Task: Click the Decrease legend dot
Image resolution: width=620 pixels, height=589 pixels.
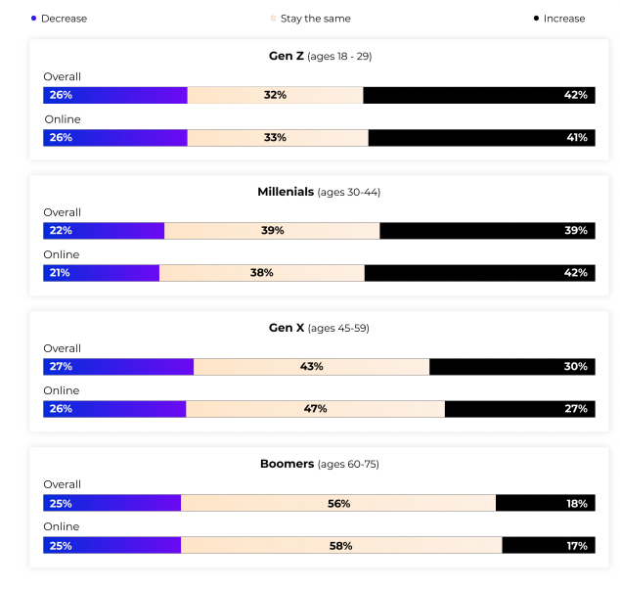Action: point(33,19)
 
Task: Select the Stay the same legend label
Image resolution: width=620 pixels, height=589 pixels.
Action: point(315,19)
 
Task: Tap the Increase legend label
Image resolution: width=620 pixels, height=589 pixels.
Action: point(564,19)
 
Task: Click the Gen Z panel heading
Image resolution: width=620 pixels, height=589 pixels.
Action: point(320,56)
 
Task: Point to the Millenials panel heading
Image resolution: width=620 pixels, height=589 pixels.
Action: point(319,192)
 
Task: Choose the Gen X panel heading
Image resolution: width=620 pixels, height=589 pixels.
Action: point(319,328)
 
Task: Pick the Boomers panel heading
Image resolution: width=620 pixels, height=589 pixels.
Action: point(319,464)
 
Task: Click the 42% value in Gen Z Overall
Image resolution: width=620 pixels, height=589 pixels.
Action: point(575,95)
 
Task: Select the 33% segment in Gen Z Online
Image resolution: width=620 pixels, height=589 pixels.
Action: point(276,138)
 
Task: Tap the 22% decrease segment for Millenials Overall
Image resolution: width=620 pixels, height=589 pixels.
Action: point(104,231)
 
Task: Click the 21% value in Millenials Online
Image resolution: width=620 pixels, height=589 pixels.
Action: point(60,273)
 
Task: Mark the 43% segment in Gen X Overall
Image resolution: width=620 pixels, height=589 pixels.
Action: point(311,367)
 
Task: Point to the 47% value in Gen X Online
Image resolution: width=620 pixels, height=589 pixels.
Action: point(315,409)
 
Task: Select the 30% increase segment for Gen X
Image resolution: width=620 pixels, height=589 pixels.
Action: point(511,367)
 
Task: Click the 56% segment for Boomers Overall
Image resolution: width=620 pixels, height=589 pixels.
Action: point(338,503)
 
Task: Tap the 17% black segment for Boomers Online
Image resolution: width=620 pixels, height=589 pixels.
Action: point(548,545)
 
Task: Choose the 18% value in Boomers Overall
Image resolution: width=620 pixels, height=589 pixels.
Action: point(576,503)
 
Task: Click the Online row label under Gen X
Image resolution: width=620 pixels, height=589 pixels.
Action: point(62,390)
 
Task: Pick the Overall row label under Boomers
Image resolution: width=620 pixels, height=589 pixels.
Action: point(62,484)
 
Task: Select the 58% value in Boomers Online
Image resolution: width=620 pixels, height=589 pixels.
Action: point(340,545)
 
